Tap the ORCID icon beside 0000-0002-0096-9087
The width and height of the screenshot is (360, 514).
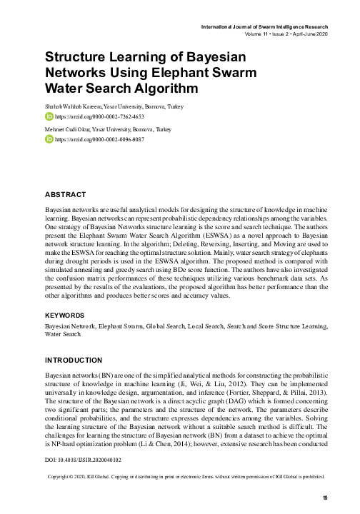coord(49,140)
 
